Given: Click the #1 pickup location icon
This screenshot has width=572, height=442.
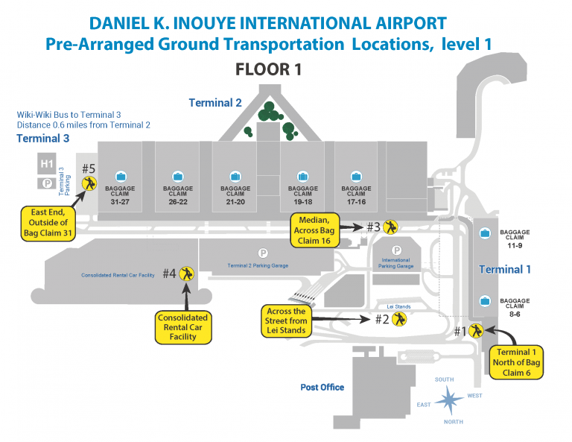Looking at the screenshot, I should (476, 330).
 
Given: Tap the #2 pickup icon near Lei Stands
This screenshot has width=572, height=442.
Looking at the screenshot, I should (401, 319).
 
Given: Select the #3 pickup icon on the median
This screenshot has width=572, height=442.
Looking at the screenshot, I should (391, 227).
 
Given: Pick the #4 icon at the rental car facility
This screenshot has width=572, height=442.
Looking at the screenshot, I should (187, 274).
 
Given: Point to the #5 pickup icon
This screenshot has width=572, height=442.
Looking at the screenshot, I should (89, 183).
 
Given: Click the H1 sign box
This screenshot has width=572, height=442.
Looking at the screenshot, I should (47, 163).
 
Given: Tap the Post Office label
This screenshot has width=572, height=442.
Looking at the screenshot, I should (322, 388).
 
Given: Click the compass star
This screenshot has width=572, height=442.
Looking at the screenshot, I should (450, 402).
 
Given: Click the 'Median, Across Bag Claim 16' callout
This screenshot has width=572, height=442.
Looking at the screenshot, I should (314, 230).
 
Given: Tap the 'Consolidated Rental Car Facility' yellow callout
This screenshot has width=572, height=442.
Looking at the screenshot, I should (182, 327).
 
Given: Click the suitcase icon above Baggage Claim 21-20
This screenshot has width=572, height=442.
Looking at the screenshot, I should (235, 176).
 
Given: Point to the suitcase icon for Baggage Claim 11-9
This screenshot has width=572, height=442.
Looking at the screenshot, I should (486, 233).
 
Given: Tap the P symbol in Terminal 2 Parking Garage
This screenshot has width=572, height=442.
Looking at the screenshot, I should (262, 253).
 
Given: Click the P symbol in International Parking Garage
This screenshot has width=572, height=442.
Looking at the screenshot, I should (397, 251).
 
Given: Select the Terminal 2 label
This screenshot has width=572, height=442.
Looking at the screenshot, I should (215, 103).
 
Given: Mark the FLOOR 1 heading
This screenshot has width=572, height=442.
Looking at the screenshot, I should (268, 70).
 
